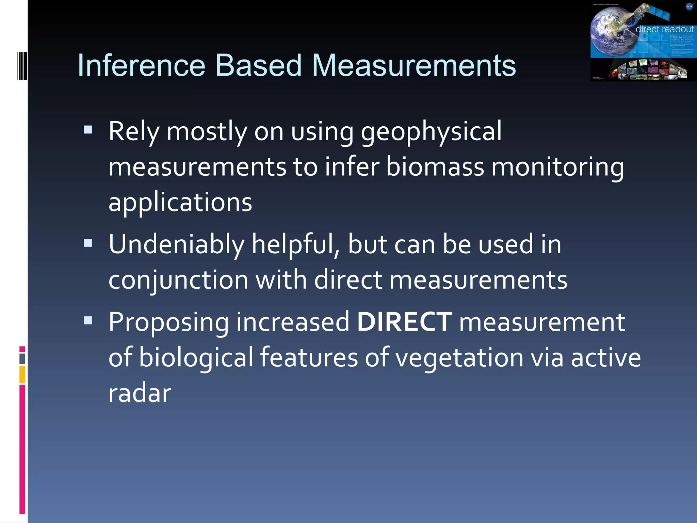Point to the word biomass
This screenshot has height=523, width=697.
(435, 167)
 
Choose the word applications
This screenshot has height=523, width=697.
(180, 202)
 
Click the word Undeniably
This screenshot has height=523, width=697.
(176, 244)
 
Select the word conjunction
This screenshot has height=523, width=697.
(178, 280)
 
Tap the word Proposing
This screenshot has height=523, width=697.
(168, 322)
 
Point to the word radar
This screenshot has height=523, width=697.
(140, 393)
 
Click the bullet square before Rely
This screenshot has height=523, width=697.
(88, 130)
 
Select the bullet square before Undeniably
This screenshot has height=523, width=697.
(88, 243)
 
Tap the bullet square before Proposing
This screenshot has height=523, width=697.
(88, 320)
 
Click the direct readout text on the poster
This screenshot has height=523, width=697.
(664, 30)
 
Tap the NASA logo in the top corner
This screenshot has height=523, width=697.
(689, 6)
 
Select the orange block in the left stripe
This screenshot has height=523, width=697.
(22, 374)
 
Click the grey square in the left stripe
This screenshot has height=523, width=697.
(22, 359)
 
